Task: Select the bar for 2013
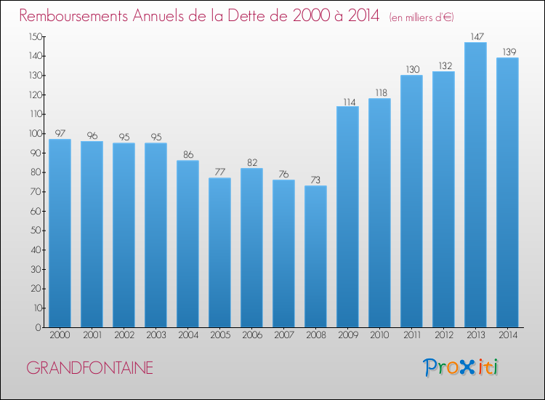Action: [475, 185]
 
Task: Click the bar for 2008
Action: [315, 256]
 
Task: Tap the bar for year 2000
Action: [60, 233]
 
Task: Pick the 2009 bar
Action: [347, 217]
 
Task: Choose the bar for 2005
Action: [219, 252]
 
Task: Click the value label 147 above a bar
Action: [477, 36]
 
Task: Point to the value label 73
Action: [315, 180]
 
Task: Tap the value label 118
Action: [381, 92]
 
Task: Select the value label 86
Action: [188, 154]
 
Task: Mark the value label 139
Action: [509, 52]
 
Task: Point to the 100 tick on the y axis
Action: [36, 134]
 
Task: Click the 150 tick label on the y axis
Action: [36, 36]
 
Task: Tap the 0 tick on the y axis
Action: [39, 327]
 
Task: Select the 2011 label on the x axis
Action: [412, 335]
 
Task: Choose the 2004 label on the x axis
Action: [188, 335]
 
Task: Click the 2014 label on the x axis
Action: [508, 335]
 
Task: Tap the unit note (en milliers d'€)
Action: [421, 17]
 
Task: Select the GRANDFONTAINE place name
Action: [89, 368]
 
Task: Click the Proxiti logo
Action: [461, 367]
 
